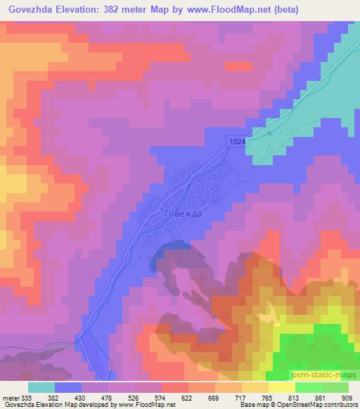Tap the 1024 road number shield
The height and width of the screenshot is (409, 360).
pyautogui.click(x=237, y=142)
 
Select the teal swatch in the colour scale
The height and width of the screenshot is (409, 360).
pyautogui.click(x=41, y=388)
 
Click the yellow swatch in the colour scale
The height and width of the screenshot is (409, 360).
pyautogui.click(x=281, y=388)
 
